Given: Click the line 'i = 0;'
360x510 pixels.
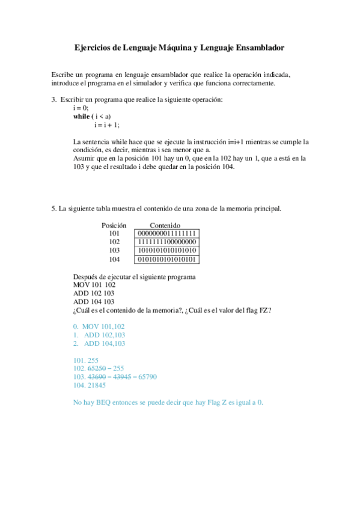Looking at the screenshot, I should coord(80,108).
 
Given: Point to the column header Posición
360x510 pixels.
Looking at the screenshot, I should coord(114,225).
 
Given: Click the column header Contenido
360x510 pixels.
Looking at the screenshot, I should coord(165,225).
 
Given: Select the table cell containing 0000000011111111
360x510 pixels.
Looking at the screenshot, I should coord(167,233).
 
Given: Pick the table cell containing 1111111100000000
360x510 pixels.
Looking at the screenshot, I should coord(167,242).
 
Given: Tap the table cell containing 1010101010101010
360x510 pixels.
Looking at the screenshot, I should coord(167,251).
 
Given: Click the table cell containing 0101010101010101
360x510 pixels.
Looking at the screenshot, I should coord(167,259).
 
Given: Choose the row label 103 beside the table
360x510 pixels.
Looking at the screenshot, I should coord(114,251).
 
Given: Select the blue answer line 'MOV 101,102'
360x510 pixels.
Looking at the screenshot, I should coord(99,326).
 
